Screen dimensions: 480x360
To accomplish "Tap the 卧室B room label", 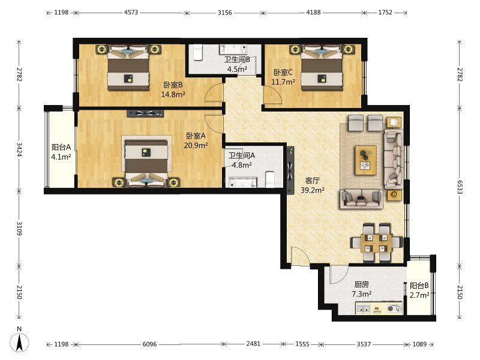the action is pos(173,85).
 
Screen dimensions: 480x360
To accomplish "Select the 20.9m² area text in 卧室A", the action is pos(196,145).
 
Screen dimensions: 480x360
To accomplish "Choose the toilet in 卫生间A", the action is pos(271,179).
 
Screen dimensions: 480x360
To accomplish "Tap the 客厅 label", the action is pos(312,181).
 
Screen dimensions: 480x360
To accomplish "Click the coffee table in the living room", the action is pos(365,160).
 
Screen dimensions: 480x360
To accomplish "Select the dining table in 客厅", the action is pos(376,243).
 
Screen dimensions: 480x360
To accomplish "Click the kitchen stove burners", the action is pos(394,308).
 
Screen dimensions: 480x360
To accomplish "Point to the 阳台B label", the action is pos(419,286).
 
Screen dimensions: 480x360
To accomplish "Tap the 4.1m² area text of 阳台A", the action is pos(61,157).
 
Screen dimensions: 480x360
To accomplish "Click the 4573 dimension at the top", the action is pos(131,13).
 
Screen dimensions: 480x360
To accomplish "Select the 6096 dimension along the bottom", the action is pos(149,344).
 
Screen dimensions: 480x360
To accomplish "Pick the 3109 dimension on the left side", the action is pos(19,229).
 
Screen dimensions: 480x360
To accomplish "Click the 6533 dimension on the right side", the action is pos(460,187).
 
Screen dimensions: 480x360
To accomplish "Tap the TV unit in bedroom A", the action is pos(145,113).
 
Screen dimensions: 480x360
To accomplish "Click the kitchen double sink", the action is pos(364,309).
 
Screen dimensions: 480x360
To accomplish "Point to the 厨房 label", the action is pos(362,284).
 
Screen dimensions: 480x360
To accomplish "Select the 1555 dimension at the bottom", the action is pos(302,344).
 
